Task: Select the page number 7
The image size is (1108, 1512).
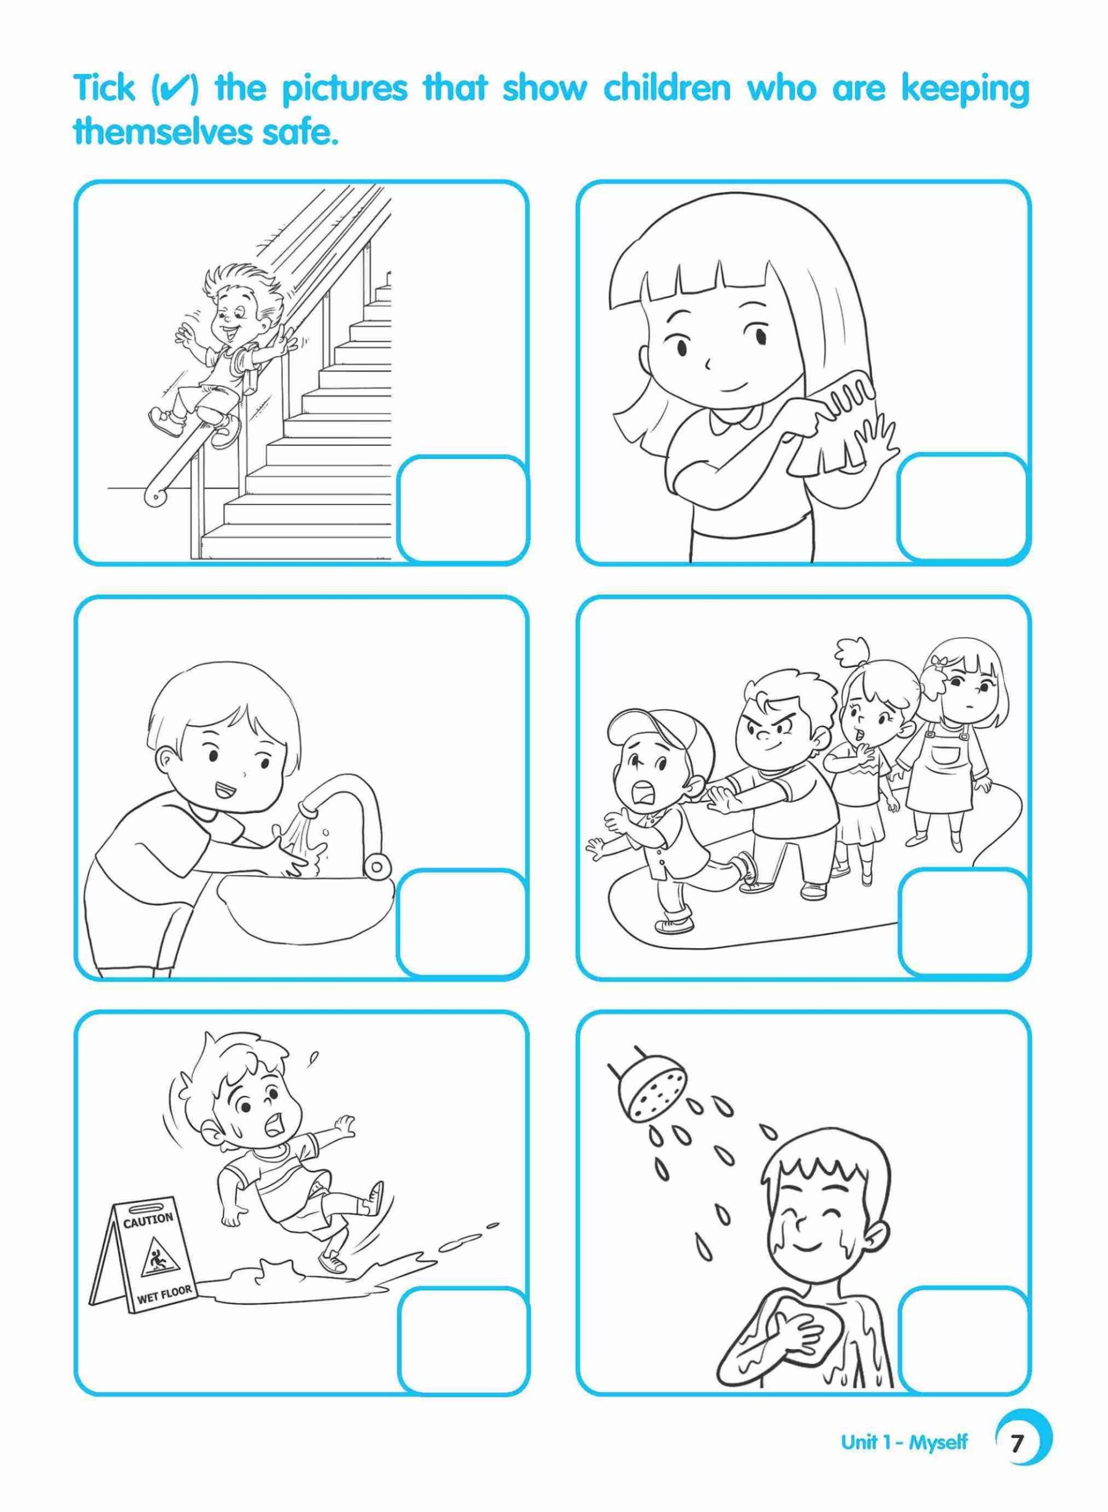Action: [1018, 1457]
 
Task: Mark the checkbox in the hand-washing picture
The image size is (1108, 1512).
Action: [462, 923]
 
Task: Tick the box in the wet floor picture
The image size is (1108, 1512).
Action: [462, 1338]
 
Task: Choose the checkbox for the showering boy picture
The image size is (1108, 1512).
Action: [963, 1338]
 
